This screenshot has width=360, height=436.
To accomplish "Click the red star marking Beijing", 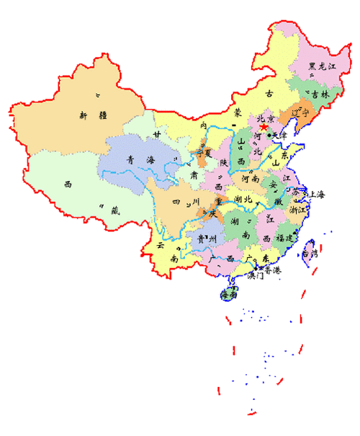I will (264, 127).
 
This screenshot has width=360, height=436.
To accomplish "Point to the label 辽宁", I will (298, 113).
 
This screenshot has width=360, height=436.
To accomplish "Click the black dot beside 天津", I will (269, 135).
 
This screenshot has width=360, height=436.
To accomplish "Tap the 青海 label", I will (135, 160).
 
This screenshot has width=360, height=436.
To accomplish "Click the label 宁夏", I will (205, 153).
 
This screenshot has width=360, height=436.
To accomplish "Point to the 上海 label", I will (315, 195).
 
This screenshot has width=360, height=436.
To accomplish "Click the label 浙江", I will (297, 210).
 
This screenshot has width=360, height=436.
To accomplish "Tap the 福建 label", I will (287, 237).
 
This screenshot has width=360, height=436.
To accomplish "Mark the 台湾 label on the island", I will (310, 253).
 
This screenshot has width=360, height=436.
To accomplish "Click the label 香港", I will (272, 270).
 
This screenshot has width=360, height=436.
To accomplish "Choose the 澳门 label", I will (255, 275).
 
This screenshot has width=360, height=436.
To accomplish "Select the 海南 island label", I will (230, 294).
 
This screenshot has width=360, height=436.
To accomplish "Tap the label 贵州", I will (199, 239).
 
